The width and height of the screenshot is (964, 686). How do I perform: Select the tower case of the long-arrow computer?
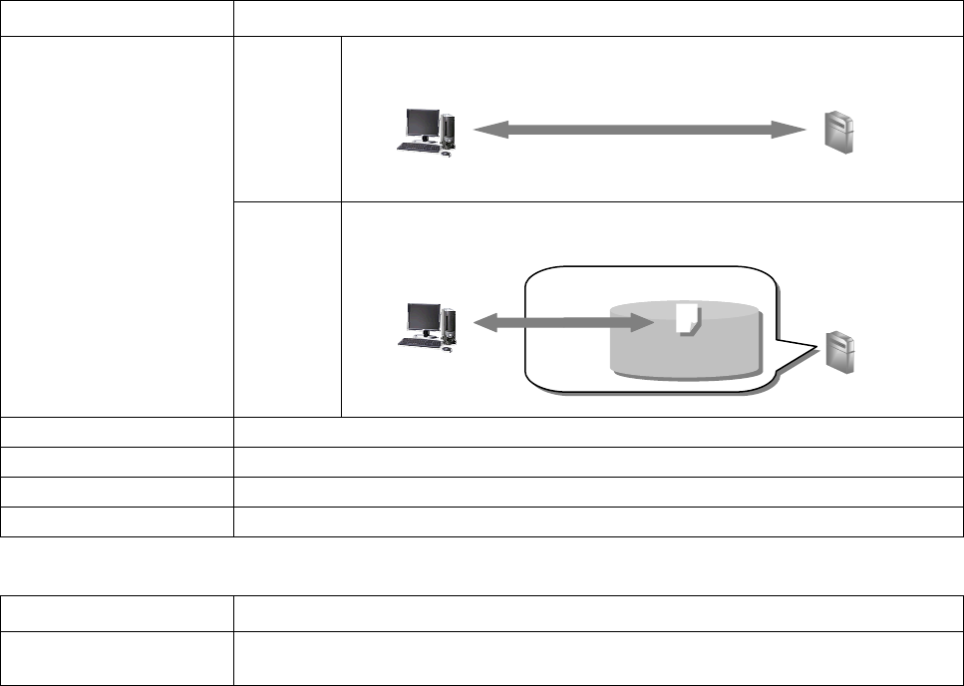pos(448,128)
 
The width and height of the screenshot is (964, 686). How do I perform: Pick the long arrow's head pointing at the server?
pos(793,130)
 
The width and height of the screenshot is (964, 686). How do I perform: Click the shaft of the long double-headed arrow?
pos(638,130)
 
